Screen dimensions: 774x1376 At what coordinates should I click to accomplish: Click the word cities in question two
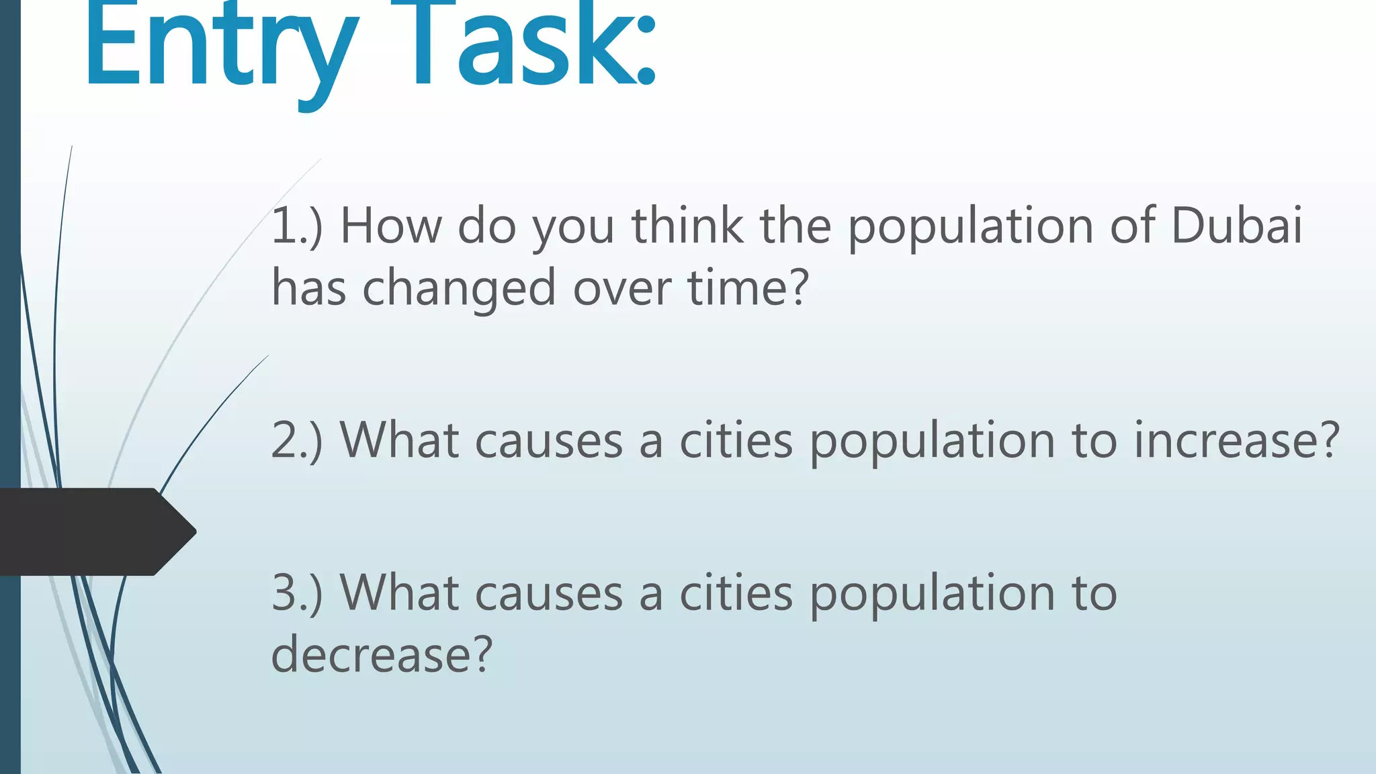coord(736,441)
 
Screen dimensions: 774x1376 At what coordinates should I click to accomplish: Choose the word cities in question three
coord(736,593)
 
